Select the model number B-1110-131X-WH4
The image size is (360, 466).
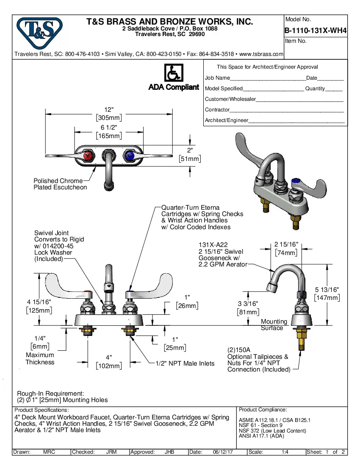[316, 31]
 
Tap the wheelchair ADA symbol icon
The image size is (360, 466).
[173, 73]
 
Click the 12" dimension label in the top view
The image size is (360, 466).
[109, 110]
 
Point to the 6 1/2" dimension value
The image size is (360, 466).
[109, 128]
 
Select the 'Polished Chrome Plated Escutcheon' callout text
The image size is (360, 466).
[60, 184]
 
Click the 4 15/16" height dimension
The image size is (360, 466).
[39, 302]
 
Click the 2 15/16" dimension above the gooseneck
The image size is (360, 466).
[286, 244]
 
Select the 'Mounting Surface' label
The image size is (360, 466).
[274, 325]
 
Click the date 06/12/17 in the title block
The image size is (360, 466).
[224, 452]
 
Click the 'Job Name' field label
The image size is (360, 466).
[217, 78]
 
